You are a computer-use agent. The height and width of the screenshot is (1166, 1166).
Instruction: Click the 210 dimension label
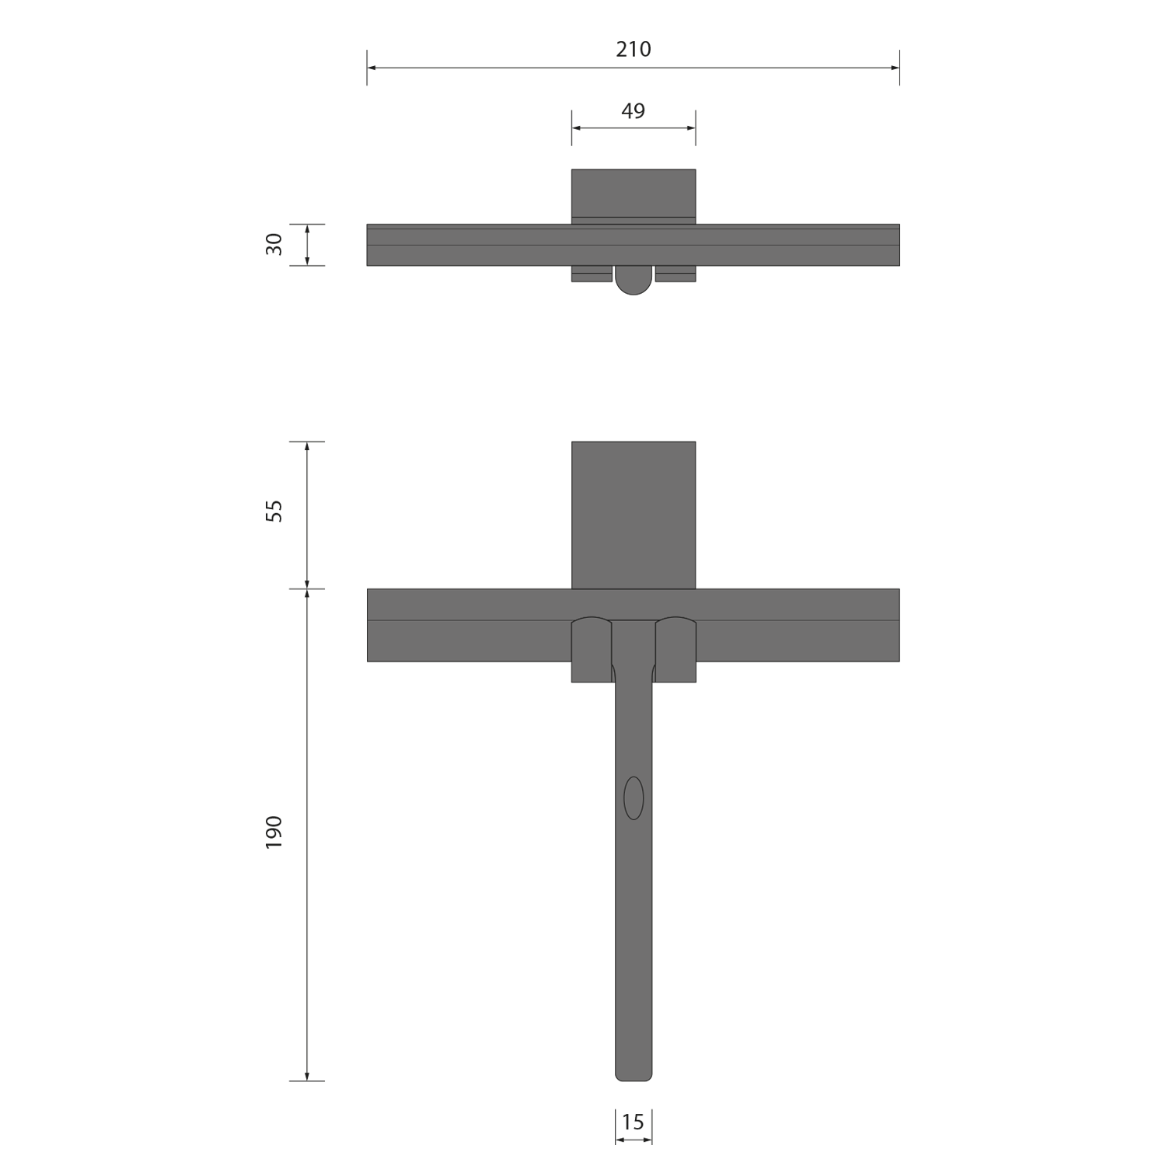[x=634, y=49]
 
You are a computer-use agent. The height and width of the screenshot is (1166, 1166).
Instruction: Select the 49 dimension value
[x=634, y=111]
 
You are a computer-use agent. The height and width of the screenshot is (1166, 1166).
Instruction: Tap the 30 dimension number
[x=274, y=245]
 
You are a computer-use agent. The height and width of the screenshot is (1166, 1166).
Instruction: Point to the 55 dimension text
[x=274, y=511]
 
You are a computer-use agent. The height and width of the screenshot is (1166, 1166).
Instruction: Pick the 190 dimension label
[x=274, y=833]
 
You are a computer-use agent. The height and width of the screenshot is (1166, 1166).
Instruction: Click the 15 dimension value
[x=633, y=1122]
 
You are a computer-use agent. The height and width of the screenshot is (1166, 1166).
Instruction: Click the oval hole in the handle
[x=634, y=798]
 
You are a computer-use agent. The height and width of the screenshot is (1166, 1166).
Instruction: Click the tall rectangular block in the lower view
[x=634, y=515]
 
